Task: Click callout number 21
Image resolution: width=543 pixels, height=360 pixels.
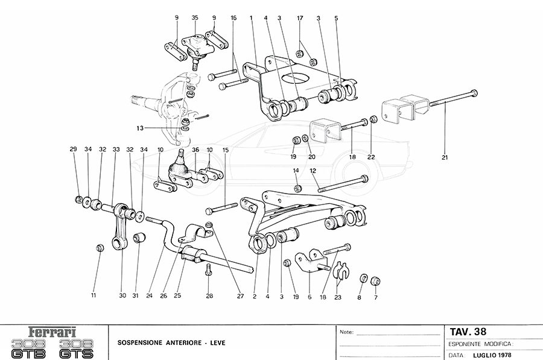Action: point(445,158)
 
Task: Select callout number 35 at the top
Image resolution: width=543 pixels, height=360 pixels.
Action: point(195,18)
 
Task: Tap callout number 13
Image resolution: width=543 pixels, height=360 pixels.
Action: point(139,128)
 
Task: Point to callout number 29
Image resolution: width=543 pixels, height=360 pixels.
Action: point(73,149)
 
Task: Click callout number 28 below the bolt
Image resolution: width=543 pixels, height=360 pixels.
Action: point(210,296)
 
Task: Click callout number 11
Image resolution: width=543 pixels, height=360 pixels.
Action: point(94,296)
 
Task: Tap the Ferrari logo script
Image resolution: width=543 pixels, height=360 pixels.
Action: point(54,332)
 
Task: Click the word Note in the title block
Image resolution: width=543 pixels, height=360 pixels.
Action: point(346,332)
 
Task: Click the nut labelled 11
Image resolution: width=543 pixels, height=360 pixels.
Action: point(100,247)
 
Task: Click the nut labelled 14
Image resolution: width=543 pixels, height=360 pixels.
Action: point(298,189)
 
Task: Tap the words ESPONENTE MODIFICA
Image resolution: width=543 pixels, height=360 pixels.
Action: point(480,343)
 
